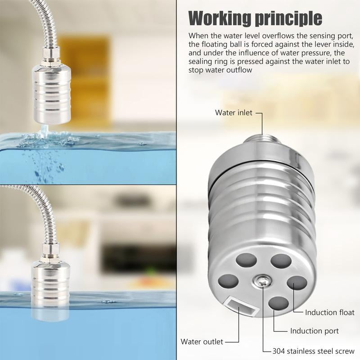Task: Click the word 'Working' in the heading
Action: [x=219, y=18]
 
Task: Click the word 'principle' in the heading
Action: [x=288, y=18]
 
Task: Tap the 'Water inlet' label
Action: [x=234, y=112]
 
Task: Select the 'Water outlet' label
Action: [x=202, y=342]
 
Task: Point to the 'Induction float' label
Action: [x=329, y=312]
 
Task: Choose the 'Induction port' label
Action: [x=314, y=331]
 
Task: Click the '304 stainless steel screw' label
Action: [x=313, y=351]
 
